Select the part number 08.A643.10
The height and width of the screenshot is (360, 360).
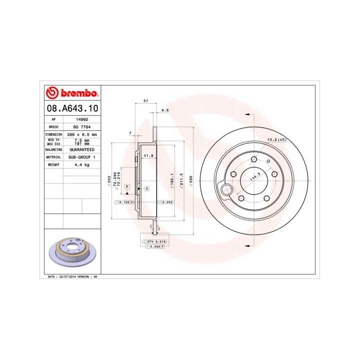click(x=72, y=108)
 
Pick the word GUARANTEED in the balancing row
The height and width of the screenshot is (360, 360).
click(x=81, y=149)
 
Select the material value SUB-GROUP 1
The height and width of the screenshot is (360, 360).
click(x=81, y=156)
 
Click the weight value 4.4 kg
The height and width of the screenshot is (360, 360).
click(x=81, y=164)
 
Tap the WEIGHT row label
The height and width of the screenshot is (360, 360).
click(x=53, y=164)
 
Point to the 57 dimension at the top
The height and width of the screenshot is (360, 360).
click(x=145, y=101)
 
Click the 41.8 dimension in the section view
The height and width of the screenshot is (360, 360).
click(x=148, y=156)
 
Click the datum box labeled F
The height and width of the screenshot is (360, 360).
click(x=127, y=186)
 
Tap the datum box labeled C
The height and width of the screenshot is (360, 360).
click(x=147, y=188)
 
